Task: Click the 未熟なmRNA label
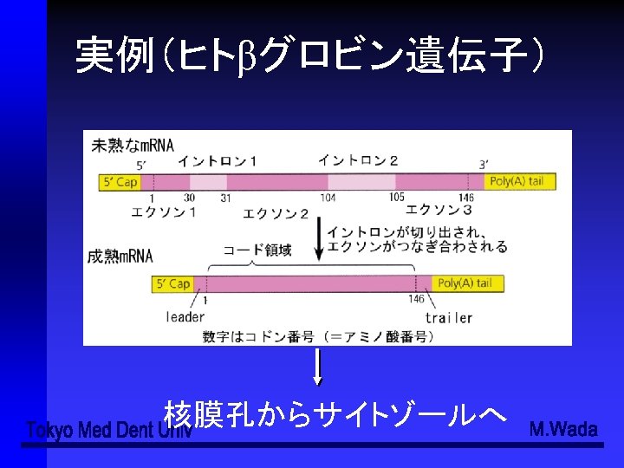click(x=132, y=144)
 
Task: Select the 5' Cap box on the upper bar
click(x=120, y=182)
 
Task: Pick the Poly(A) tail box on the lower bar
click(x=466, y=283)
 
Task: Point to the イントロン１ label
click(x=218, y=161)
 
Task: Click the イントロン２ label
click(x=358, y=160)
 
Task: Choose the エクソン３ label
click(x=439, y=210)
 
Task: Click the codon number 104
click(x=328, y=198)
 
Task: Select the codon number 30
click(x=189, y=198)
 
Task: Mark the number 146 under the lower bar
click(x=417, y=299)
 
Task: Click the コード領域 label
click(x=257, y=250)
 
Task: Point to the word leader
click(x=185, y=317)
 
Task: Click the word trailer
click(x=448, y=317)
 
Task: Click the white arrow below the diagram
click(x=318, y=367)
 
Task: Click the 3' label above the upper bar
click(x=484, y=165)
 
